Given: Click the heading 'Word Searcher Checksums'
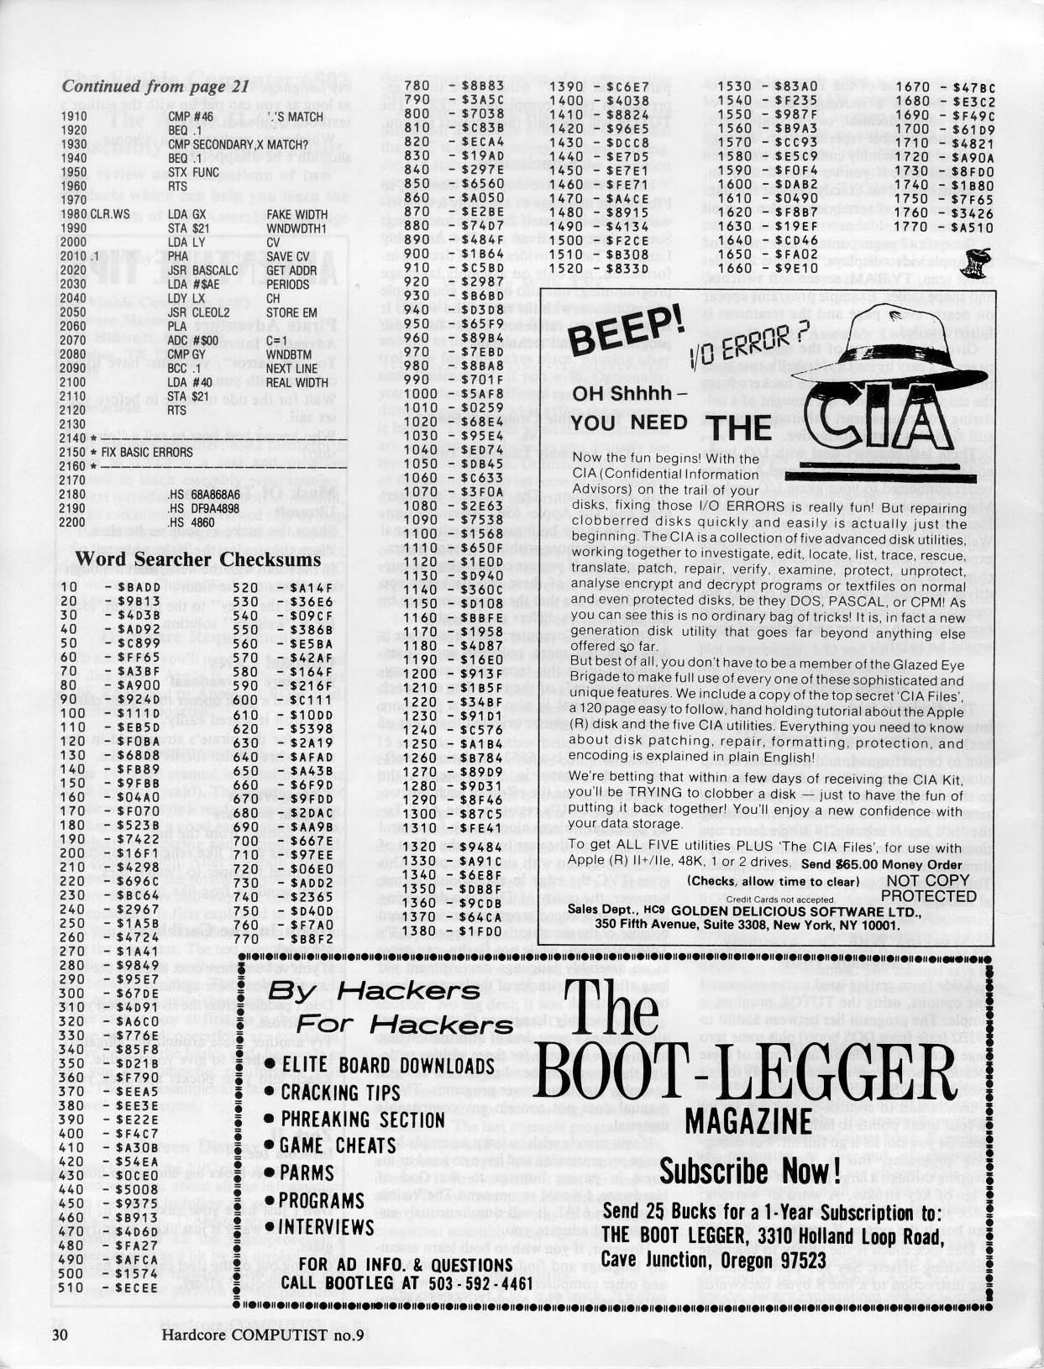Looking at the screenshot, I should (x=197, y=559).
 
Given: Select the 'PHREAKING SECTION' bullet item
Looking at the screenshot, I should (x=364, y=1120).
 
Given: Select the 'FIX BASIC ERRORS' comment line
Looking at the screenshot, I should (x=147, y=452).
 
